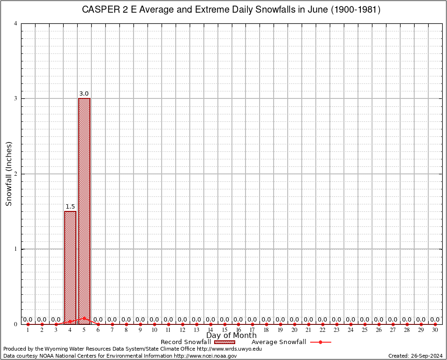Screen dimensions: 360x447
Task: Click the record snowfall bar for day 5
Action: [84, 211]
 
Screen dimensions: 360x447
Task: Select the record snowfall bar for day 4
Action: [70, 267]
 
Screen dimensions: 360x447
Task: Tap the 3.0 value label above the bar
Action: [84, 94]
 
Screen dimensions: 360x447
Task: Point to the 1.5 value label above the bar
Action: [70, 207]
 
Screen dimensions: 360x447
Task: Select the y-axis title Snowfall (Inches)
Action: [8, 173]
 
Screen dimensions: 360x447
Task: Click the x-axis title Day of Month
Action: [231, 335]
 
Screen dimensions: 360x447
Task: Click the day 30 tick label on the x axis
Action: [435, 330]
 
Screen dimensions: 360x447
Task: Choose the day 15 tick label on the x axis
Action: [224, 330]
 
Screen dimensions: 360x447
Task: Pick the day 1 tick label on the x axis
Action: [28, 330]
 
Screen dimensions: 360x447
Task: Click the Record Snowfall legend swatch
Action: [225, 342]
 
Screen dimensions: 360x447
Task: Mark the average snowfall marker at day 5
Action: [84, 318]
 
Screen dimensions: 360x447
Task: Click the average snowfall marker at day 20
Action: [295, 324]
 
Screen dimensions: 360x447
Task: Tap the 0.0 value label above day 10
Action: [154, 320]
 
